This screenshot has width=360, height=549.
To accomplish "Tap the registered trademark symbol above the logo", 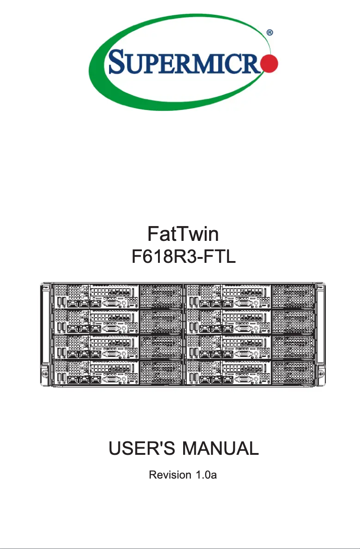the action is tap(269, 33).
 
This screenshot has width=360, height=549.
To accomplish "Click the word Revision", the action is tap(169, 475).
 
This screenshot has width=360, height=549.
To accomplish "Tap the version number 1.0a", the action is tap(206, 475).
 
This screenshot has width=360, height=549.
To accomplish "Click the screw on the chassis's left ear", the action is tap(45, 373).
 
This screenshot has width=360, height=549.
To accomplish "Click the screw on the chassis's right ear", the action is tap(320, 373).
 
